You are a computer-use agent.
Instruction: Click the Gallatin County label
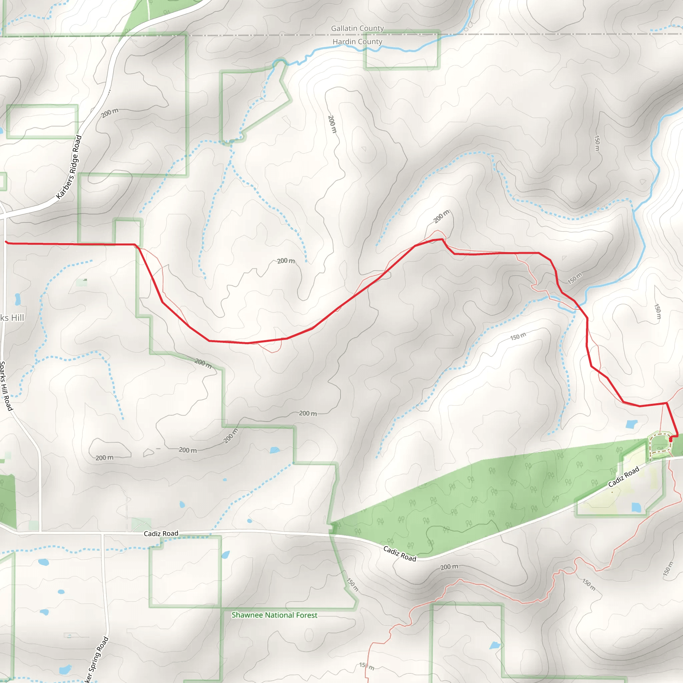coord(357,28)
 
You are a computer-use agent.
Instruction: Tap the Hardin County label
coord(357,42)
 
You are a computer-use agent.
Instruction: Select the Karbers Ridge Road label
coord(69,167)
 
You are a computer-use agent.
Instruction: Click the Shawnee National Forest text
coord(274,615)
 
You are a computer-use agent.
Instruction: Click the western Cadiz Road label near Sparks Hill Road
coord(161,534)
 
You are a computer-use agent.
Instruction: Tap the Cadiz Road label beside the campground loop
coord(624,477)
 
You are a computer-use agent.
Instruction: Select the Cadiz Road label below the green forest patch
coord(400,554)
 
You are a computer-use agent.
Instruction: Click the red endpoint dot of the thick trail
coord(671,440)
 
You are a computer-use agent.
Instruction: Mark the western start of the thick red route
coord(6,242)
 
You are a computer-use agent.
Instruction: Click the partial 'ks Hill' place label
coord(12,318)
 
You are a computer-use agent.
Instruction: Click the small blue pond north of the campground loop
coord(631,424)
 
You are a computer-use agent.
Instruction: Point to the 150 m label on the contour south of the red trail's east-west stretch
coord(518,336)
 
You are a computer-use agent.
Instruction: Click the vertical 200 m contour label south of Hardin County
coord(332,124)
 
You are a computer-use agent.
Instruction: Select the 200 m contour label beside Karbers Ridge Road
coord(110,113)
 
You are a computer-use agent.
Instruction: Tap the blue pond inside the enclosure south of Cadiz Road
coord(636,508)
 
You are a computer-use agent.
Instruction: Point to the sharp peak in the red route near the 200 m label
coord(442,239)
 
